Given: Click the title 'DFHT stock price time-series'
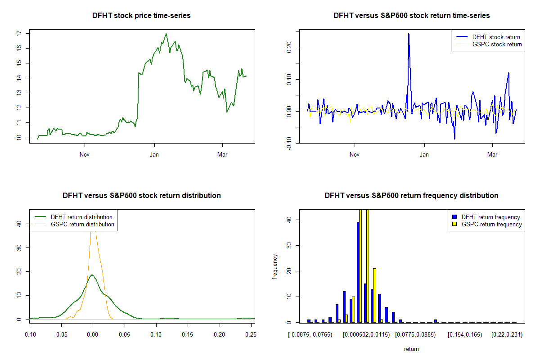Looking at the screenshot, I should point(141,16).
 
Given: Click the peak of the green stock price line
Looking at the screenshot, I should point(166,34).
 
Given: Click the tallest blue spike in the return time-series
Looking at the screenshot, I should point(409,34).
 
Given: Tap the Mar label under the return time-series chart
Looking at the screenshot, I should point(493,154).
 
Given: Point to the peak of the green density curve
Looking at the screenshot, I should point(92,275).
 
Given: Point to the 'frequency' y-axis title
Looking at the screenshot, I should point(275,266).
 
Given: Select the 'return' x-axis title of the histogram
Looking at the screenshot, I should point(411,349).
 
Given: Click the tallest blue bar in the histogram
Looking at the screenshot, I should point(358,272).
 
